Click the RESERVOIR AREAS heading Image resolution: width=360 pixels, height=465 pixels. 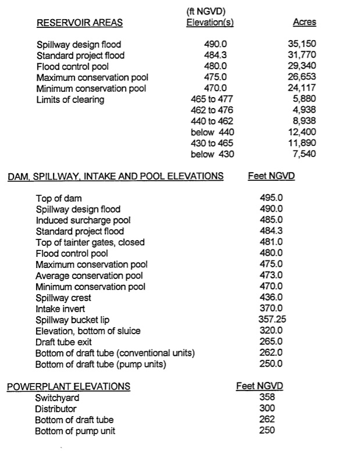click(80, 23)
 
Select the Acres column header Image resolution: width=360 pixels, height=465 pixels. click(304, 23)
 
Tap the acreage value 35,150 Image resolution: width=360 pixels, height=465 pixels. click(302, 44)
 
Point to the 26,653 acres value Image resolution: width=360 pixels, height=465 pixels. click(302, 77)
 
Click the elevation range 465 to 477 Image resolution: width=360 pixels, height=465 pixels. click(212, 99)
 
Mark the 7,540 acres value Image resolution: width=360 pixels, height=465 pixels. click(305, 154)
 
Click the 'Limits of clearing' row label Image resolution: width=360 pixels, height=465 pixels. click(70, 99)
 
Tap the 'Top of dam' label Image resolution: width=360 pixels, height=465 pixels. click(59, 198)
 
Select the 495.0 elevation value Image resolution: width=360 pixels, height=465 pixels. click(271, 198)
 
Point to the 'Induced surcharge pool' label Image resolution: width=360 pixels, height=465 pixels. click(83, 220)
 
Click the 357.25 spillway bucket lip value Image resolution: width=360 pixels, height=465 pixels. click(271, 320)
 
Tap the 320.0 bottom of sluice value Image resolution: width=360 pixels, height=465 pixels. click(271, 331)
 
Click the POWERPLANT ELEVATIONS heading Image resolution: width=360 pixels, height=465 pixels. click(69, 387)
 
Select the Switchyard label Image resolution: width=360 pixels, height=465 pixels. click(57, 398)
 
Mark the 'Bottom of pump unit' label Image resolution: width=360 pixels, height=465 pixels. click(75, 431)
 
